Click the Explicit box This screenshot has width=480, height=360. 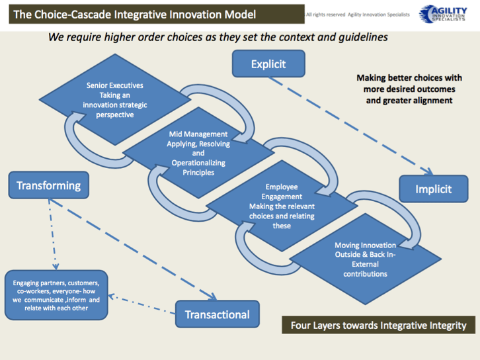point(268,64)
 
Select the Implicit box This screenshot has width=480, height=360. point(433,189)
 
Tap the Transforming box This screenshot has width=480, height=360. point(48,185)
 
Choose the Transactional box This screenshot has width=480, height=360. point(217,314)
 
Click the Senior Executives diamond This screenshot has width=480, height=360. point(114,100)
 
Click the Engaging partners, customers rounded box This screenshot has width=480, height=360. point(56,295)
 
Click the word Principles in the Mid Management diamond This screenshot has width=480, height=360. point(198,173)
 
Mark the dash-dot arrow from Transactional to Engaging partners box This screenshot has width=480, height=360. point(141,302)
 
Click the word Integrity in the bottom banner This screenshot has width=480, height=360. point(446,325)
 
